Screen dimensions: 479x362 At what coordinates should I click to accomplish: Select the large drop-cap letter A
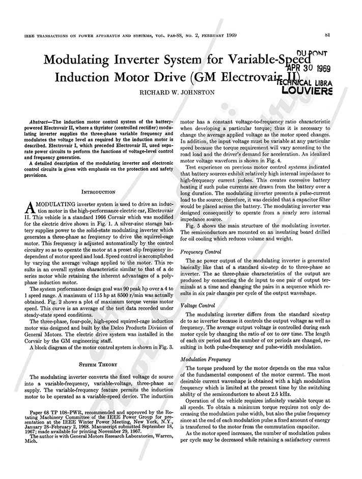(x=29, y=206)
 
